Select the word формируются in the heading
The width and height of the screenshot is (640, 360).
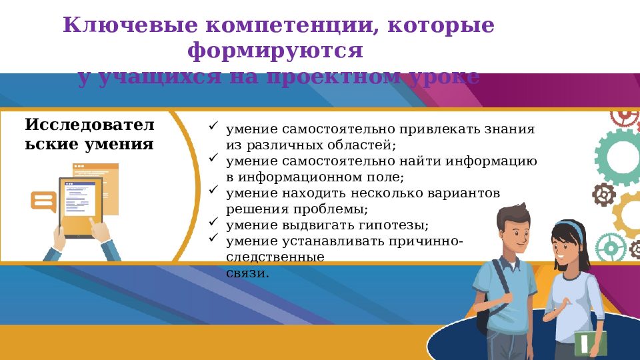pos(275,51)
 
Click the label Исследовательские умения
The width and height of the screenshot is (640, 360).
pos(89,134)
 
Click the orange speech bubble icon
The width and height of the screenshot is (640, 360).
pos(43,201)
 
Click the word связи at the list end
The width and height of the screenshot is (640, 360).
pos(247,273)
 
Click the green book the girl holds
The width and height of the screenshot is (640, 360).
pos(591,343)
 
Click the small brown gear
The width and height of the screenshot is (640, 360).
pos(604,195)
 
